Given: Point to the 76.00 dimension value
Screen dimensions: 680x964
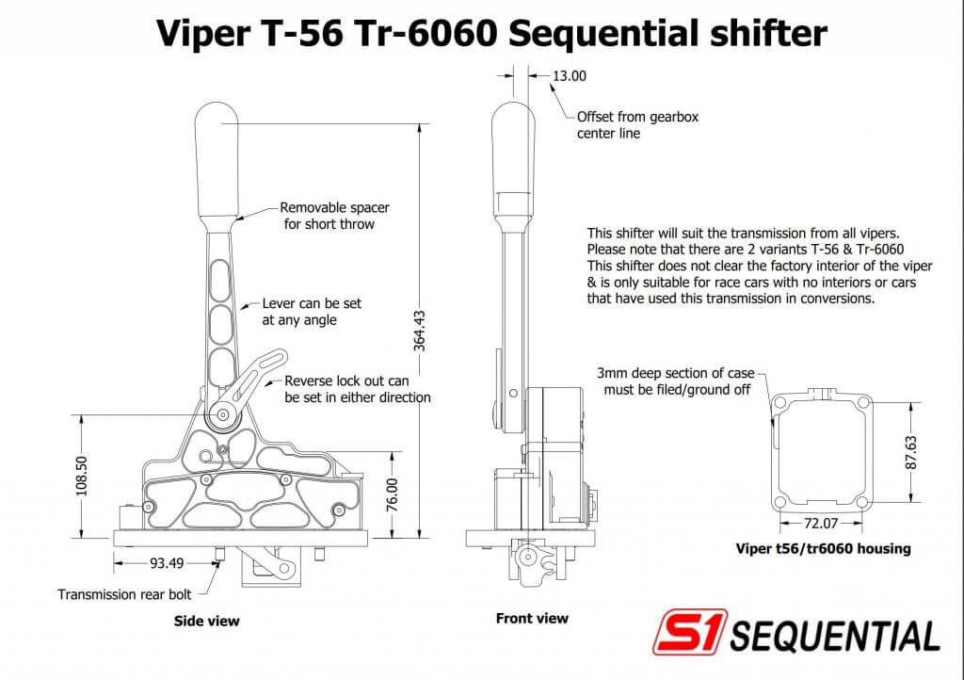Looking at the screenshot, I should coord(392,495).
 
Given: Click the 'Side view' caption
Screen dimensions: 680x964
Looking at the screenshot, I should coord(207,621).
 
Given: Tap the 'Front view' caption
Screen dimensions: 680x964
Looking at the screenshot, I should coord(532,618).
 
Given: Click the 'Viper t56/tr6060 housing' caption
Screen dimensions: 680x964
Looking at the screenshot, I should coord(823,548).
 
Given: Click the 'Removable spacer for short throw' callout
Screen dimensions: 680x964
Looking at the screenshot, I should coord(334,216).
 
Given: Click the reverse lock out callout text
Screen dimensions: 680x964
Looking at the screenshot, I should coord(358,389).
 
